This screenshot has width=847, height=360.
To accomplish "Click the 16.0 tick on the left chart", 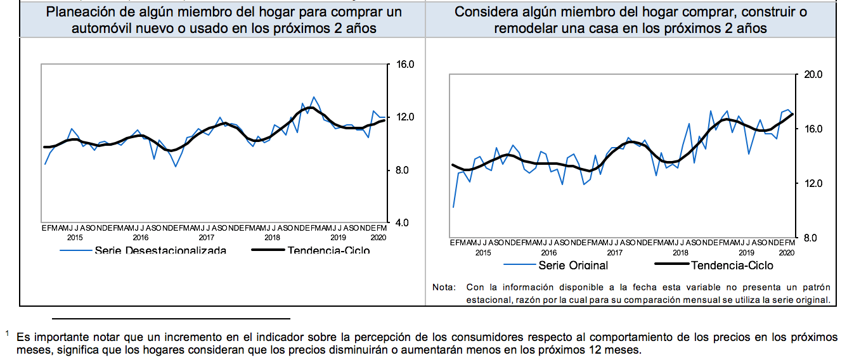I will [405, 65].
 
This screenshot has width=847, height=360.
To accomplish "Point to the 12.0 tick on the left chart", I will [405, 117].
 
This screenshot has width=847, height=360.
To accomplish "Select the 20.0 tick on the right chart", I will [813, 75].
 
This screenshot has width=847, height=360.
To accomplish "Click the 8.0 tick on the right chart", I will [811, 238].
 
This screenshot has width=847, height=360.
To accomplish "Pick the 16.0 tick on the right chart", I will [813, 129].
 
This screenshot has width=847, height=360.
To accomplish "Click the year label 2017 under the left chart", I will [206, 238].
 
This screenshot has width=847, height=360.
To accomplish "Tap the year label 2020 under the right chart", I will [786, 252].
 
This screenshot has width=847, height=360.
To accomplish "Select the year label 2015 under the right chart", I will [482, 252].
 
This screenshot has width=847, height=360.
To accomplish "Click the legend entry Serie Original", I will [573, 266].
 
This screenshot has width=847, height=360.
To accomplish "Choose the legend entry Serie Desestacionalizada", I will [160, 250].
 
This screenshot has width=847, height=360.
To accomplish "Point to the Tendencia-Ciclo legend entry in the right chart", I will [732, 266].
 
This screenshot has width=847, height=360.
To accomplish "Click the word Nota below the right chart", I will [443, 287].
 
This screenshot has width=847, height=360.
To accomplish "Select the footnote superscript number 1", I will [7, 333].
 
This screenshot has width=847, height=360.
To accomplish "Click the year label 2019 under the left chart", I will [338, 238].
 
